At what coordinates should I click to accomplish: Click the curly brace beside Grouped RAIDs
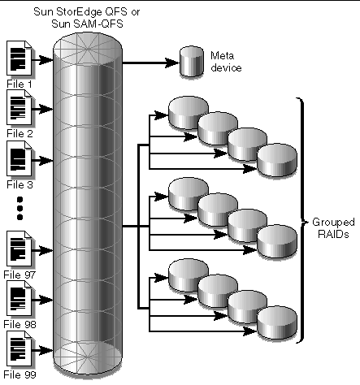click(x=301, y=219)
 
